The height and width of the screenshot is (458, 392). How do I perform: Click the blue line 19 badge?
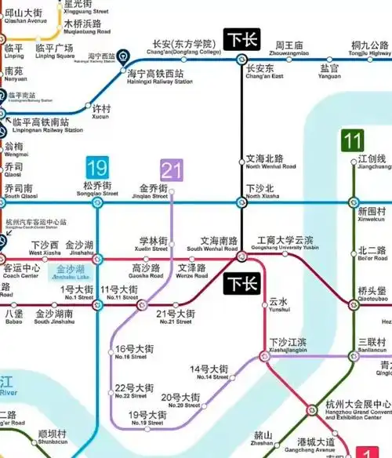(97, 168)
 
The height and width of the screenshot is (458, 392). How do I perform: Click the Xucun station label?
(102, 112)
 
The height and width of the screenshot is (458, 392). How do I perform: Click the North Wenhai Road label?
(270, 162)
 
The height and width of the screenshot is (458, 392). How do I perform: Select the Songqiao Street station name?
(99, 190)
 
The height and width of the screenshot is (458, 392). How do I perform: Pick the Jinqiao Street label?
(153, 192)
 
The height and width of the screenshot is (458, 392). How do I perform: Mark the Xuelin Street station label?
(154, 244)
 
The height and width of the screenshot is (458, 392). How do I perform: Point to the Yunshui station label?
(279, 304)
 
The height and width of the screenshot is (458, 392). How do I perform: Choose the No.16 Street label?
(131, 352)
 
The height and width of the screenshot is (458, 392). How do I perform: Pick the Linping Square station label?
(55, 51)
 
